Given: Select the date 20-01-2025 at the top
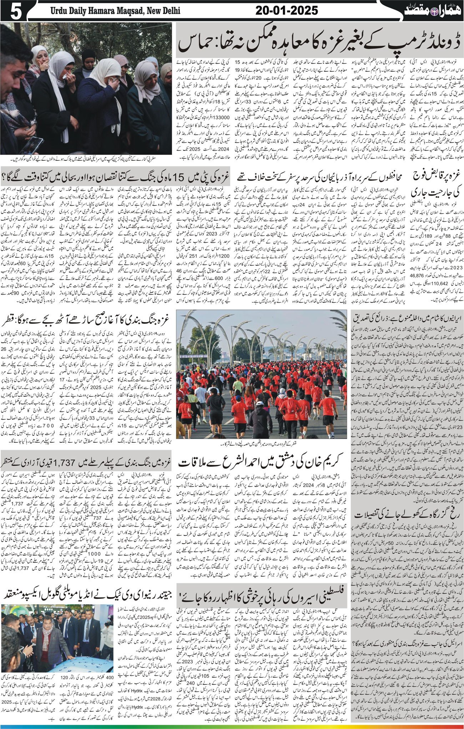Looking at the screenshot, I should click(x=287, y=11).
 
